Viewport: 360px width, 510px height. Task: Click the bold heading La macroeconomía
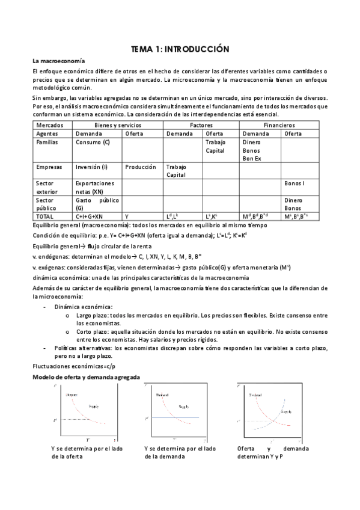click(x=58, y=61)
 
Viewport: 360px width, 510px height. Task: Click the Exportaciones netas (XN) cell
click(x=94, y=186)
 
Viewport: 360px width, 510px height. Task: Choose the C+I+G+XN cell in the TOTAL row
click(x=90, y=216)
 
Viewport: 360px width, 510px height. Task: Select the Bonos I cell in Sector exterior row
click(x=294, y=183)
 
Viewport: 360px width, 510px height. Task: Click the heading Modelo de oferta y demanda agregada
click(x=86, y=376)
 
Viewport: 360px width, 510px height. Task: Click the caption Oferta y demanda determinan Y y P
click(x=273, y=452)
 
